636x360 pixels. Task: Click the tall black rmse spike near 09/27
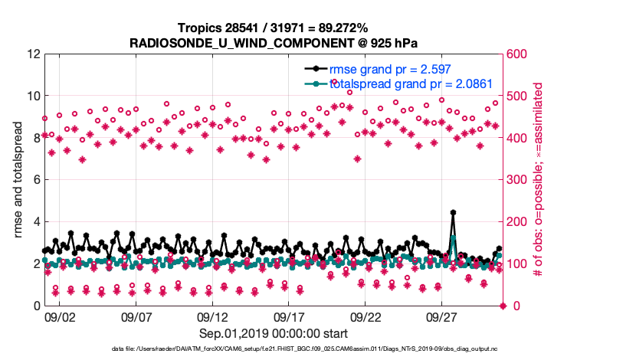pos(454,213)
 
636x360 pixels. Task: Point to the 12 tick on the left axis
pos(34,54)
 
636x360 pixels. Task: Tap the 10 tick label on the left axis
pos(34,97)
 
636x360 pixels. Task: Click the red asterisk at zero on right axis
pos(503,306)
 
